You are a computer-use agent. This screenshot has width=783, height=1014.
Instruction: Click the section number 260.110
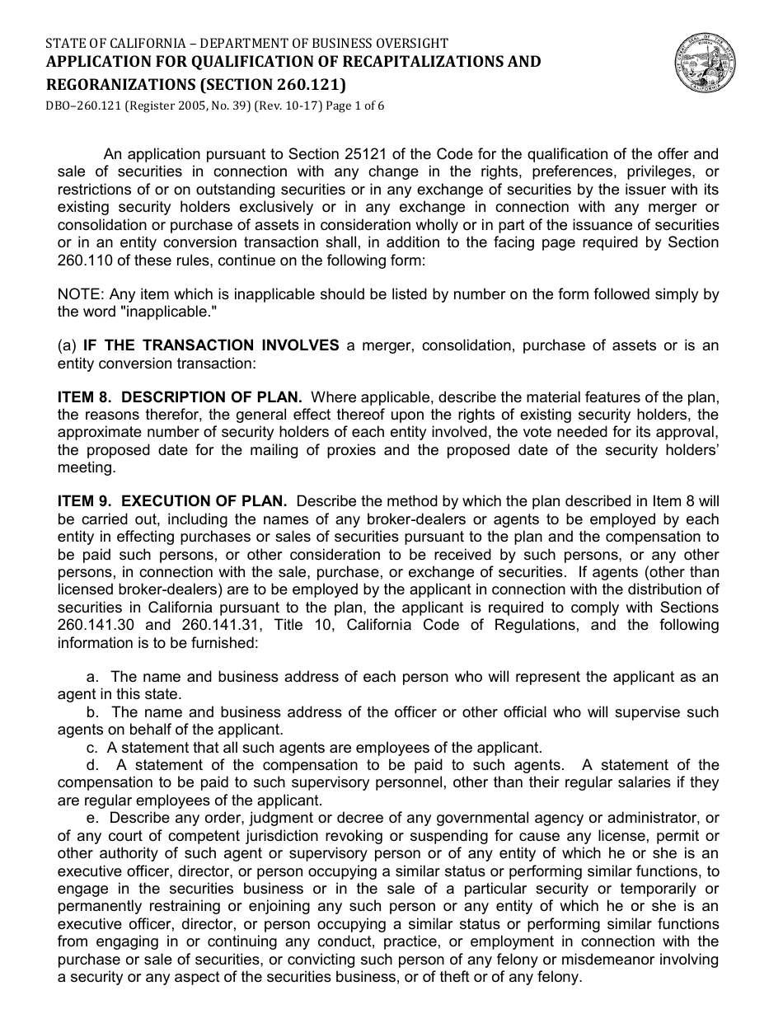pos(84,260)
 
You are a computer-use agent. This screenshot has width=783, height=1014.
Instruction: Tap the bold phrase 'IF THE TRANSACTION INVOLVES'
pos(211,345)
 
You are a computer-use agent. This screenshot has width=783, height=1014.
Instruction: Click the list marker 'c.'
pos(92,748)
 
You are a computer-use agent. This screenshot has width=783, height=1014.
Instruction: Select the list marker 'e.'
pos(92,818)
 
